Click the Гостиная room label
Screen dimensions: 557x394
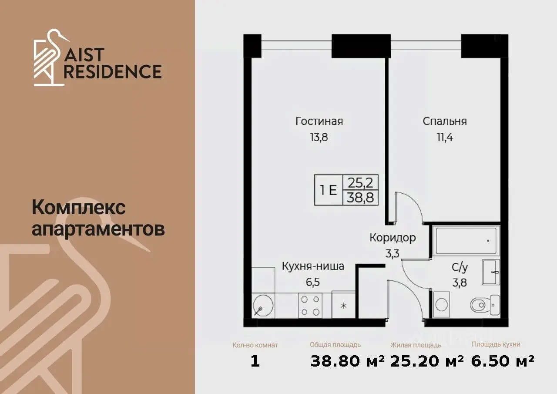(x=319, y=121)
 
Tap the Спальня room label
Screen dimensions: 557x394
(x=445, y=121)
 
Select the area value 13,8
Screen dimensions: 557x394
(x=319, y=137)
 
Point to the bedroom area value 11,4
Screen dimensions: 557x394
(x=445, y=137)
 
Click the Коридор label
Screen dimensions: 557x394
(x=393, y=238)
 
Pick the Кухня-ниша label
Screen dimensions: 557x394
(x=313, y=266)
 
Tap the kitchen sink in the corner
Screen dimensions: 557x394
(x=263, y=306)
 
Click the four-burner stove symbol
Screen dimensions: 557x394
(x=310, y=306)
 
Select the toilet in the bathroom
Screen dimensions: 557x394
(x=485, y=306)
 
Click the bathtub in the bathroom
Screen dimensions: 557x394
(x=466, y=241)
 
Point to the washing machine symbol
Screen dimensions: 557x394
(x=441, y=305)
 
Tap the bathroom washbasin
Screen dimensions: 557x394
(x=491, y=272)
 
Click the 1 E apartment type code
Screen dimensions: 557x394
(x=328, y=191)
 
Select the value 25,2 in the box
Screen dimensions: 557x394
(x=361, y=183)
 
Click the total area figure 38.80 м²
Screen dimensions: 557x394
(x=348, y=361)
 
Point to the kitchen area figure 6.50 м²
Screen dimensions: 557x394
(x=503, y=361)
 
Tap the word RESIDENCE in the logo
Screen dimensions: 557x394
(x=113, y=72)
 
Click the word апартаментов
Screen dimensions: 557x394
(x=98, y=229)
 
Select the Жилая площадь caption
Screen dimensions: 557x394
(x=416, y=345)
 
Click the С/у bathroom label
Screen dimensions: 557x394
(x=460, y=267)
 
